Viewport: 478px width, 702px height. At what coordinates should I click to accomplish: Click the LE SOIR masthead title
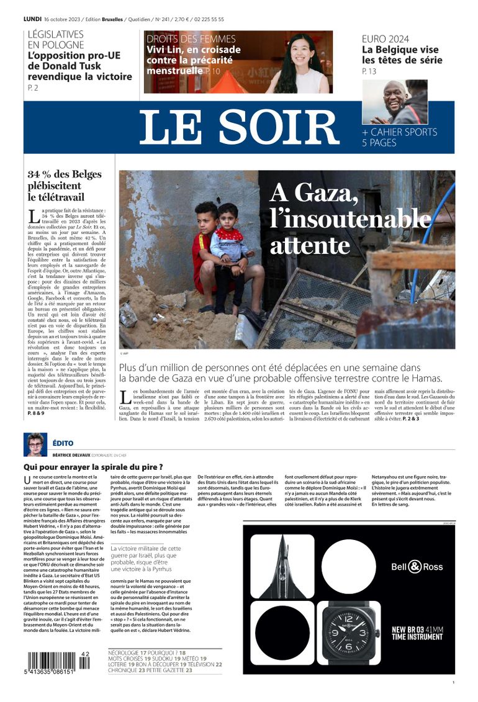point(239,127)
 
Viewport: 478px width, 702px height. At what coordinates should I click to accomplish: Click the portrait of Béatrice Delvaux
point(35,445)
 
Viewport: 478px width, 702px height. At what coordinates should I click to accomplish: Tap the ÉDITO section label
point(63,443)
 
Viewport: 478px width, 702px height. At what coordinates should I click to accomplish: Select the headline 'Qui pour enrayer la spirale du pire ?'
point(93,467)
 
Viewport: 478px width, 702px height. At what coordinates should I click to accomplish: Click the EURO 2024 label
point(386,39)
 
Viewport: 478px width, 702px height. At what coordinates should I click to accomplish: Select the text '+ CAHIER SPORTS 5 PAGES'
point(399,137)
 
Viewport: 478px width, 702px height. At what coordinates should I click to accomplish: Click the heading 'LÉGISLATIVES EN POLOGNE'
point(56,40)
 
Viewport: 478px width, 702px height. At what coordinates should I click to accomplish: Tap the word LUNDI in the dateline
point(32,19)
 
